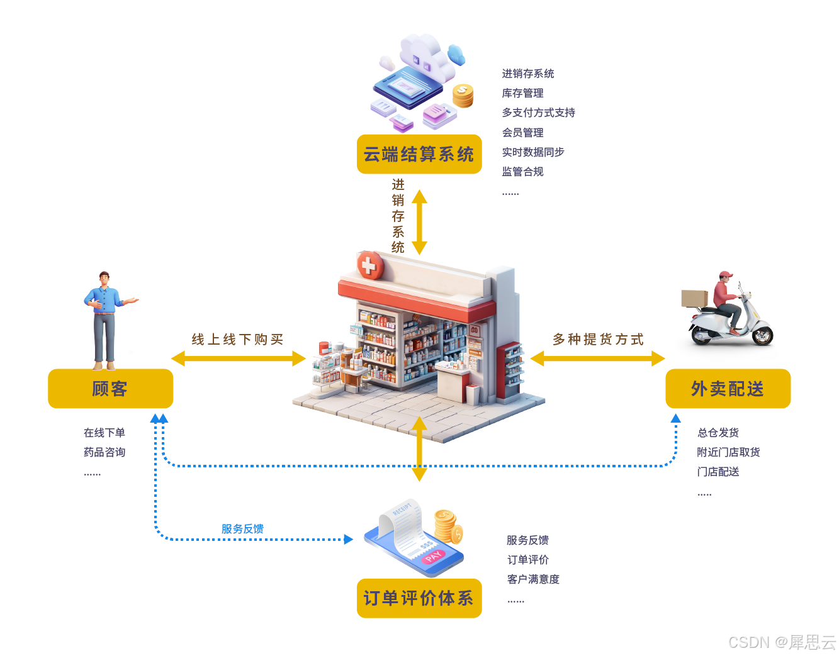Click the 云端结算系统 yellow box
click(x=419, y=154)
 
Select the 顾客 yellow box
click(x=110, y=389)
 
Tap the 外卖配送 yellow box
click(x=728, y=389)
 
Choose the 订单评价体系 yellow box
click(x=419, y=598)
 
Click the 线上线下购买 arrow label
click(x=237, y=340)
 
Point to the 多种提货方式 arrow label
click(x=598, y=340)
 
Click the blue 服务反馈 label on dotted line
click(x=242, y=529)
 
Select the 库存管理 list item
click(x=522, y=93)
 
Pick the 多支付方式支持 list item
click(x=538, y=113)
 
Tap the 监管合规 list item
click(x=522, y=172)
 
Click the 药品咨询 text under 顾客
click(x=104, y=452)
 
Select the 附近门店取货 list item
click(x=728, y=452)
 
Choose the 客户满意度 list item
click(x=533, y=579)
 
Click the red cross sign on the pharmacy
click(x=369, y=265)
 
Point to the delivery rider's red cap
click(x=726, y=275)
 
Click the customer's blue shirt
click(x=104, y=300)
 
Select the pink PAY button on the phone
click(x=434, y=556)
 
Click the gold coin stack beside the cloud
click(x=463, y=96)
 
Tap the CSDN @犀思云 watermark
click(x=782, y=642)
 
